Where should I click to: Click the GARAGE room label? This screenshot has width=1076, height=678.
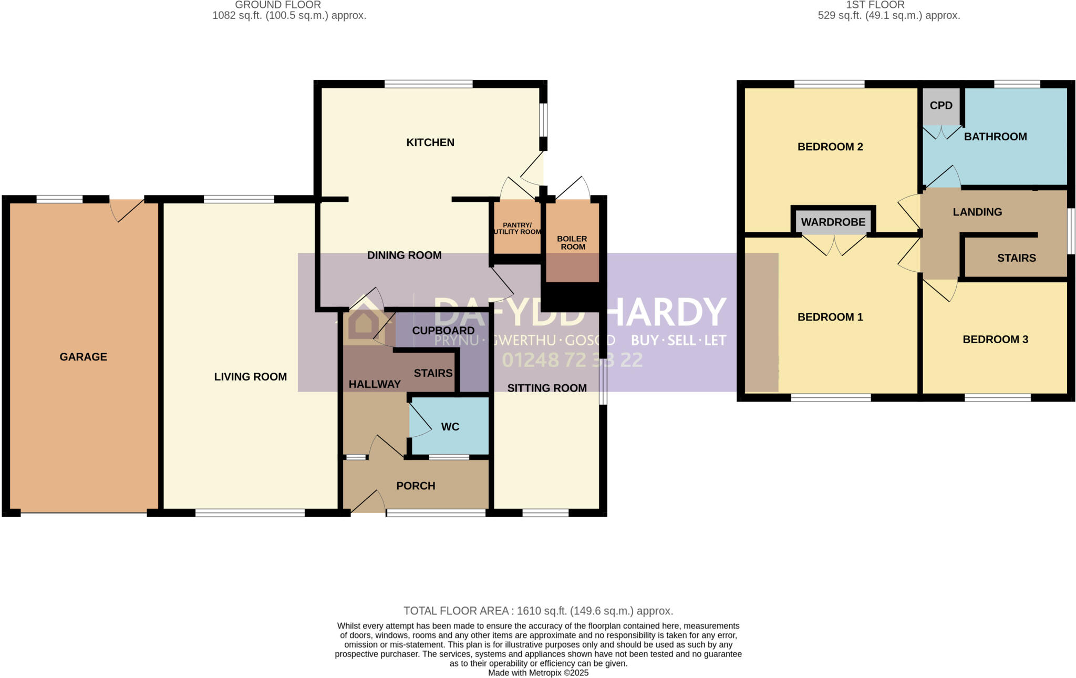click(83, 357)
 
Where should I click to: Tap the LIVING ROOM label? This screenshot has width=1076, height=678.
click(250, 377)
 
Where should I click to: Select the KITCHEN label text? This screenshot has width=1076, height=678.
click(430, 142)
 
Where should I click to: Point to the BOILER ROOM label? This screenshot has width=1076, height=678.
click(572, 243)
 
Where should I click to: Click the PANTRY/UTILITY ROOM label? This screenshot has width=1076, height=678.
click(517, 229)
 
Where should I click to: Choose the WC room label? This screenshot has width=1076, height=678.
click(450, 427)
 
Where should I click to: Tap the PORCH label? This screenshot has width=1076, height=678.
click(416, 486)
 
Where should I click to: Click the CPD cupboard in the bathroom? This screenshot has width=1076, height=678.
click(941, 106)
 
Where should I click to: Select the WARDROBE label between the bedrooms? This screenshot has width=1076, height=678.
click(833, 222)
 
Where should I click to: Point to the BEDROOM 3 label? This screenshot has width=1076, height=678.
click(995, 340)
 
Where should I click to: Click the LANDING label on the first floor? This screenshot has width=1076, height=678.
click(977, 212)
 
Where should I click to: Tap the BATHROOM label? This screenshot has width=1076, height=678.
click(995, 137)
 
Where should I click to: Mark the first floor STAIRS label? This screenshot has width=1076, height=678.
click(1016, 258)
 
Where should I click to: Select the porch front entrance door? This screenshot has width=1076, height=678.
click(368, 502)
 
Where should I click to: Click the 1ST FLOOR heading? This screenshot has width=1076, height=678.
click(875, 5)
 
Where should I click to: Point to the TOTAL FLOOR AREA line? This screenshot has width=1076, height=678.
click(538, 611)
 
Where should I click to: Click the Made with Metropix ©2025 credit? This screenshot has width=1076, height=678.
click(538, 673)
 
